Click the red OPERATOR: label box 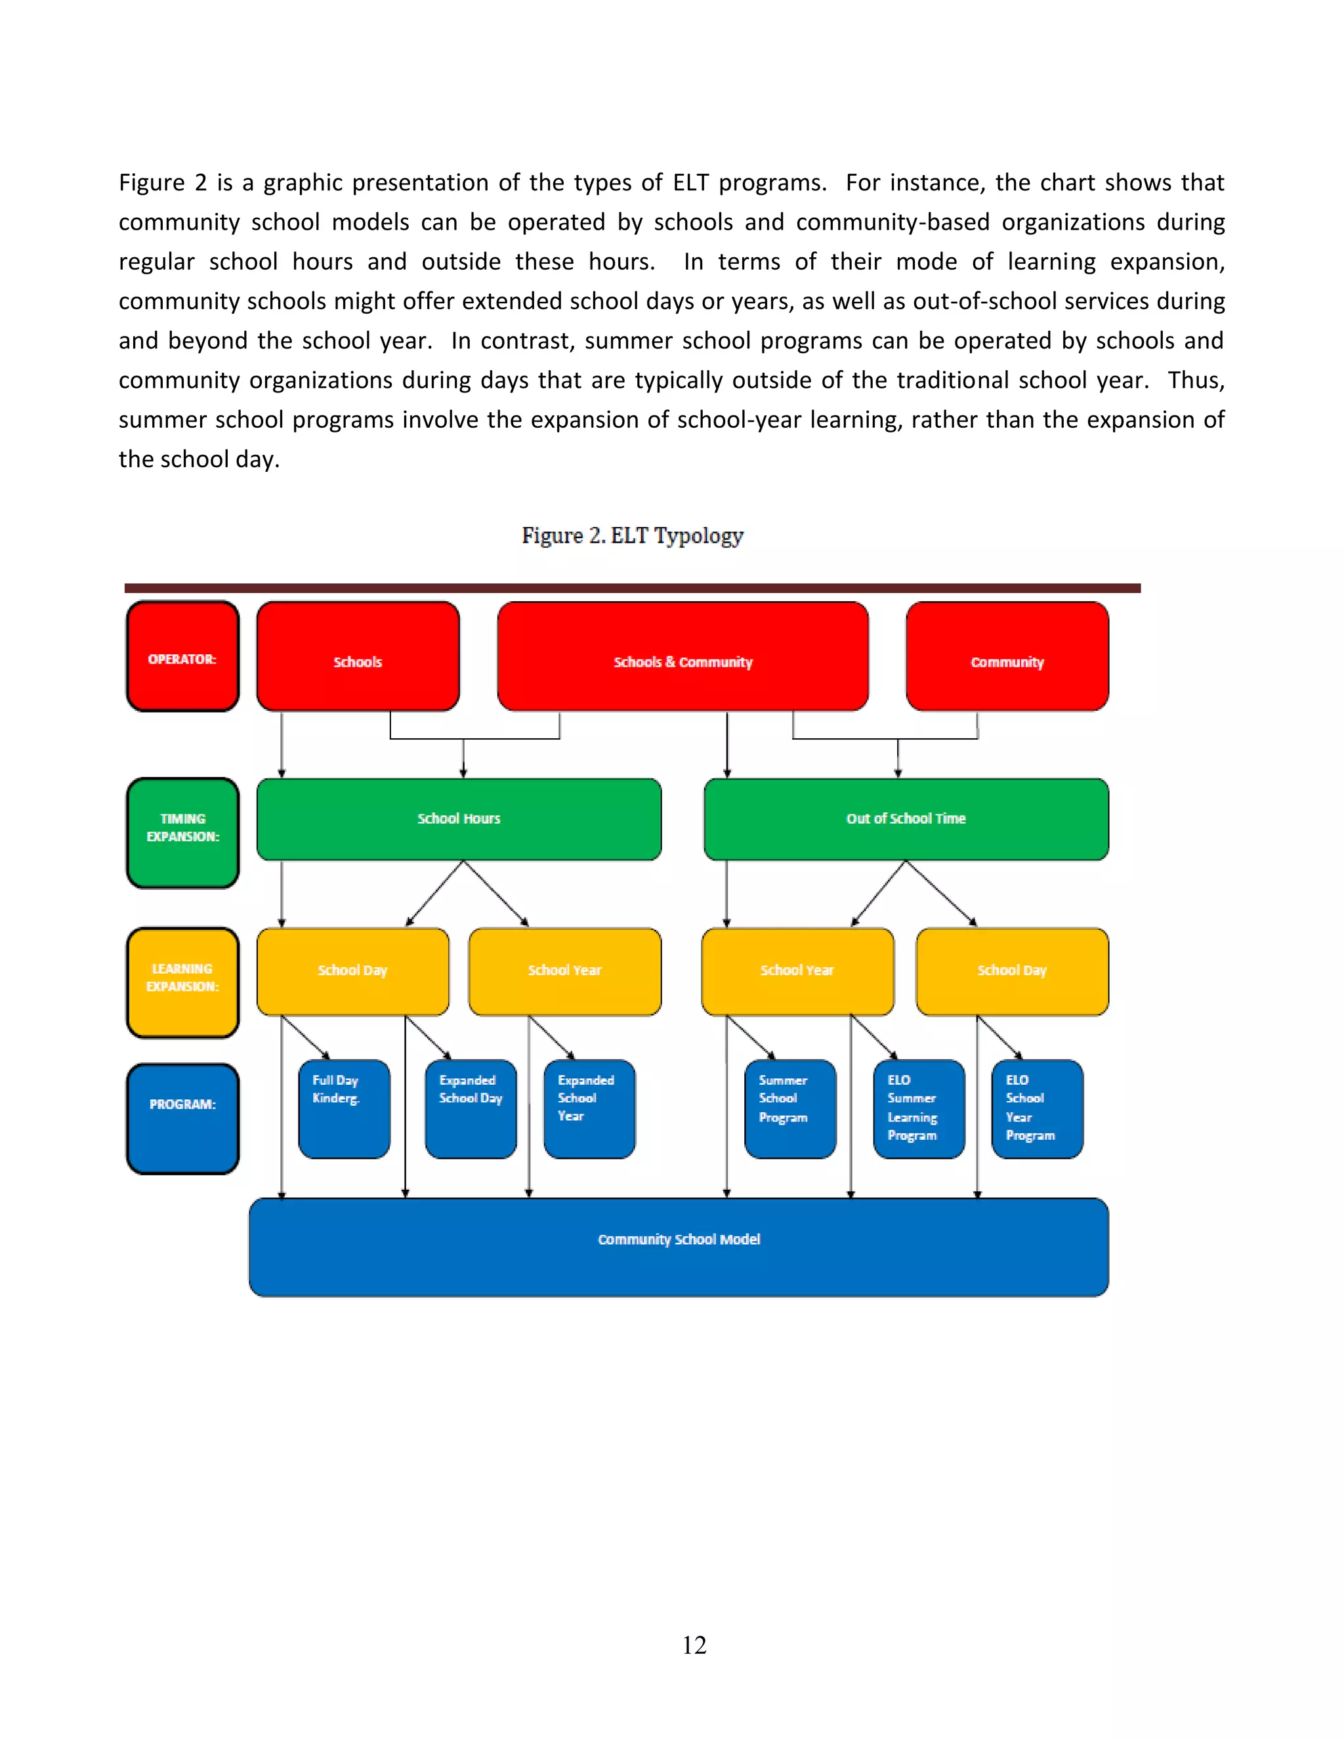(x=182, y=656)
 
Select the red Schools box (x=358, y=656)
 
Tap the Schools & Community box (x=682, y=656)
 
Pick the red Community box (x=1007, y=656)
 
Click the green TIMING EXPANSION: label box (x=182, y=832)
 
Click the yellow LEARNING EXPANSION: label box (x=182, y=982)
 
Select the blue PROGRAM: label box (x=182, y=1118)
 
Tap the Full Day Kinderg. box (x=344, y=1108)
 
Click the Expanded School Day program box (x=471, y=1108)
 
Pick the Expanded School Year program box (x=589, y=1108)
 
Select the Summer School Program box (x=790, y=1108)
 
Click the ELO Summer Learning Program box (x=919, y=1108)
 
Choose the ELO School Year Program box (x=1037, y=1108)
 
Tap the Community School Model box (x=679, y=1247)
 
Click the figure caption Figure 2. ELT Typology (x=632, y=536)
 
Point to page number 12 (x=694, y=1645)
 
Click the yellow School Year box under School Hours (x=564, y=971)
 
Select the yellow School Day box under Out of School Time (x=1011, y=971)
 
